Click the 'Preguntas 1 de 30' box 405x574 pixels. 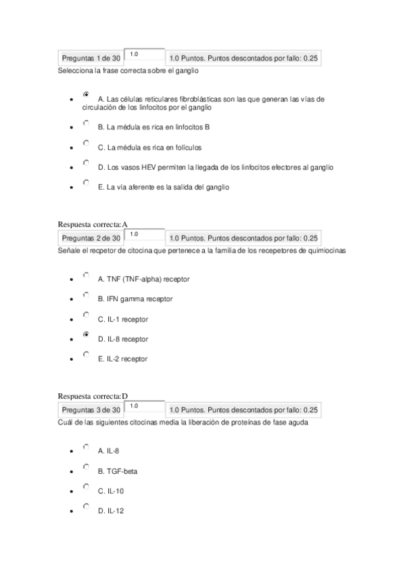[x=91, y=59]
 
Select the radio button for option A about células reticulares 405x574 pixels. [x=86, y=95]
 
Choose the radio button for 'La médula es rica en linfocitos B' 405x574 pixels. [x=86, y=124]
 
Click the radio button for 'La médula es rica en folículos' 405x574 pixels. [x=86, y=143]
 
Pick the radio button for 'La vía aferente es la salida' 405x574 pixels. [x=86, y=183]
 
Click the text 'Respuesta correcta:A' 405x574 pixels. [x=93, y=224]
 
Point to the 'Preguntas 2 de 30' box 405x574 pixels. [x=91, y=238]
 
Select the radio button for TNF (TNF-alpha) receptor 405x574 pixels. [x=86, y=275]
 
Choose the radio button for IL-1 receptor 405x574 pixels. [x=86, y=315]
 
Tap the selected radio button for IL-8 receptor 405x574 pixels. [x=86, y=334]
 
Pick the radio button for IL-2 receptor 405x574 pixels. [x=86, y=354]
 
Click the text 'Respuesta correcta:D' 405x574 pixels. [x=93, y=396]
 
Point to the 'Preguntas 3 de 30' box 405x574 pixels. [x=91, y=410]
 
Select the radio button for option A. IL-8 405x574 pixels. [x=86, y=447]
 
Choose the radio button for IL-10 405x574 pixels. [x=86, y=487]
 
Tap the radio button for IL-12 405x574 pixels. [x=86, y=506]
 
